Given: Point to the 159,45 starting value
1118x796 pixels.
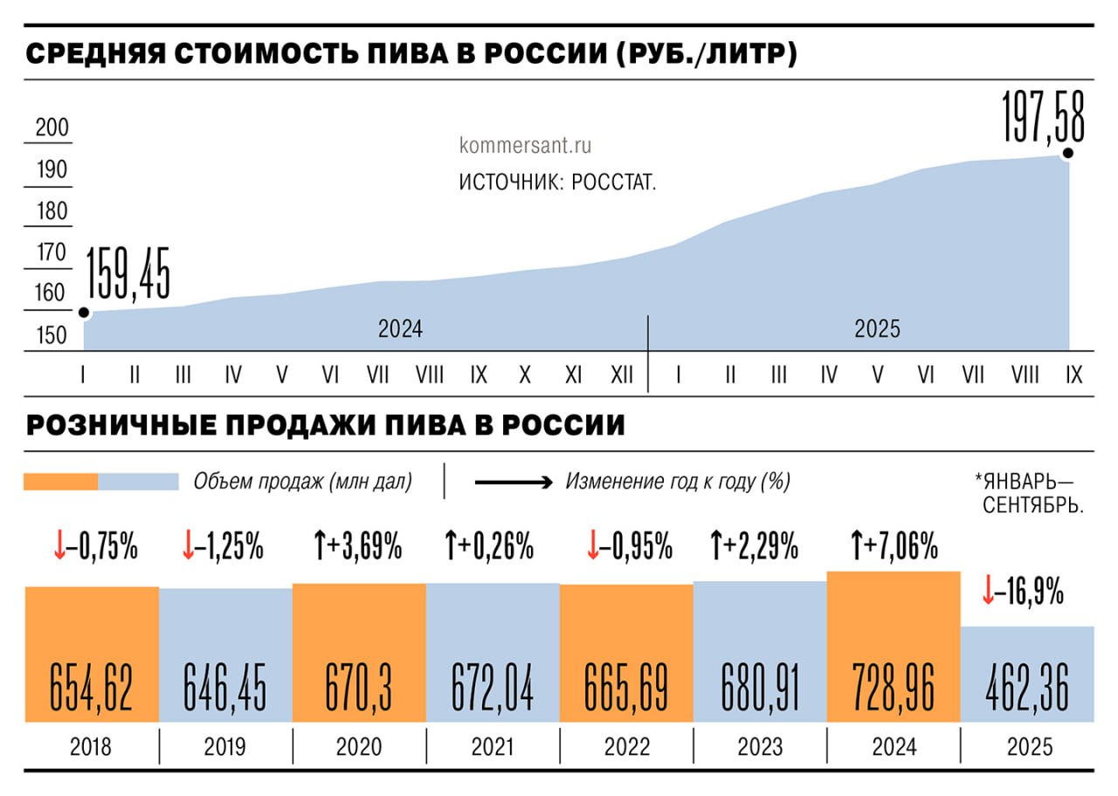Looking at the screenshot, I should [128, 273].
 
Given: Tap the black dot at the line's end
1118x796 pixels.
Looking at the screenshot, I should [1067, 154].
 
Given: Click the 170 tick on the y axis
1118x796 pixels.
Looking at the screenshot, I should [52, 252].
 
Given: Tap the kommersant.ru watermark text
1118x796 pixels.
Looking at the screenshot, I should [525, 146].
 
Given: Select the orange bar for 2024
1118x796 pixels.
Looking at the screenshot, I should [894, 646].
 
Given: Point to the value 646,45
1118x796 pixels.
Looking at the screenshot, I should [225, 687].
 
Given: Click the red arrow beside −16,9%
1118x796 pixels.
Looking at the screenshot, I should [989, 593].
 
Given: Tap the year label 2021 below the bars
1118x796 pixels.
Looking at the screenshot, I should [493, 748].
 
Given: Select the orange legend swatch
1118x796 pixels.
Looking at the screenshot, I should [60, 482].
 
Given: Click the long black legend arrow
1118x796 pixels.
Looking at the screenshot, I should [513, 482].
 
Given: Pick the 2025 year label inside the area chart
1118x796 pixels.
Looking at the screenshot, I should [877, 329].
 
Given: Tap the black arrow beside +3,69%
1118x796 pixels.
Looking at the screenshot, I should [319, 547].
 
